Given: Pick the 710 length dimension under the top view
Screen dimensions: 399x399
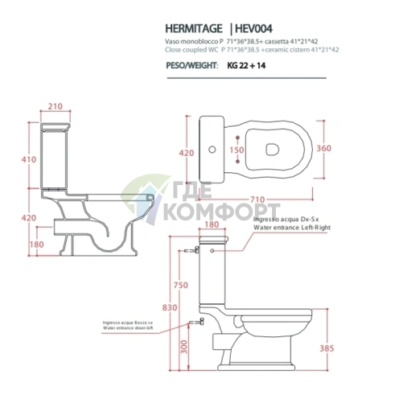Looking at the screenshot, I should click(x=257, y=196).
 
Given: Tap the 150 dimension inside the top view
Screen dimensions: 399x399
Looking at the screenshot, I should click(x=237, y=150).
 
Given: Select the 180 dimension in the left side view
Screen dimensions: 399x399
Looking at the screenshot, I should click(x=35, y=244).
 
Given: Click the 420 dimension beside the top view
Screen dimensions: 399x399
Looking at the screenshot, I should click(x=187, y=151).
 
